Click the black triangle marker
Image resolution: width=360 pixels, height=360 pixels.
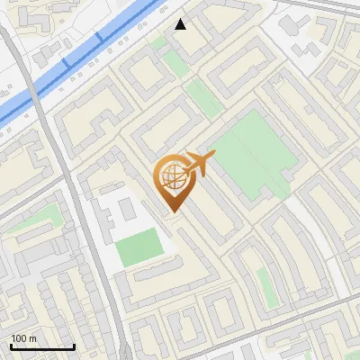coord(181,24)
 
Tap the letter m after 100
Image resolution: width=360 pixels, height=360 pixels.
coord(34,338)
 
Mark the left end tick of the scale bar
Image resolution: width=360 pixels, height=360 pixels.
coord(11,346)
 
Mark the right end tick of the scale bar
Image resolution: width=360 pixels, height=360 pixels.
coord(74,346)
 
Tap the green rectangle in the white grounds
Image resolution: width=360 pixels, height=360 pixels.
coord(140,247)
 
